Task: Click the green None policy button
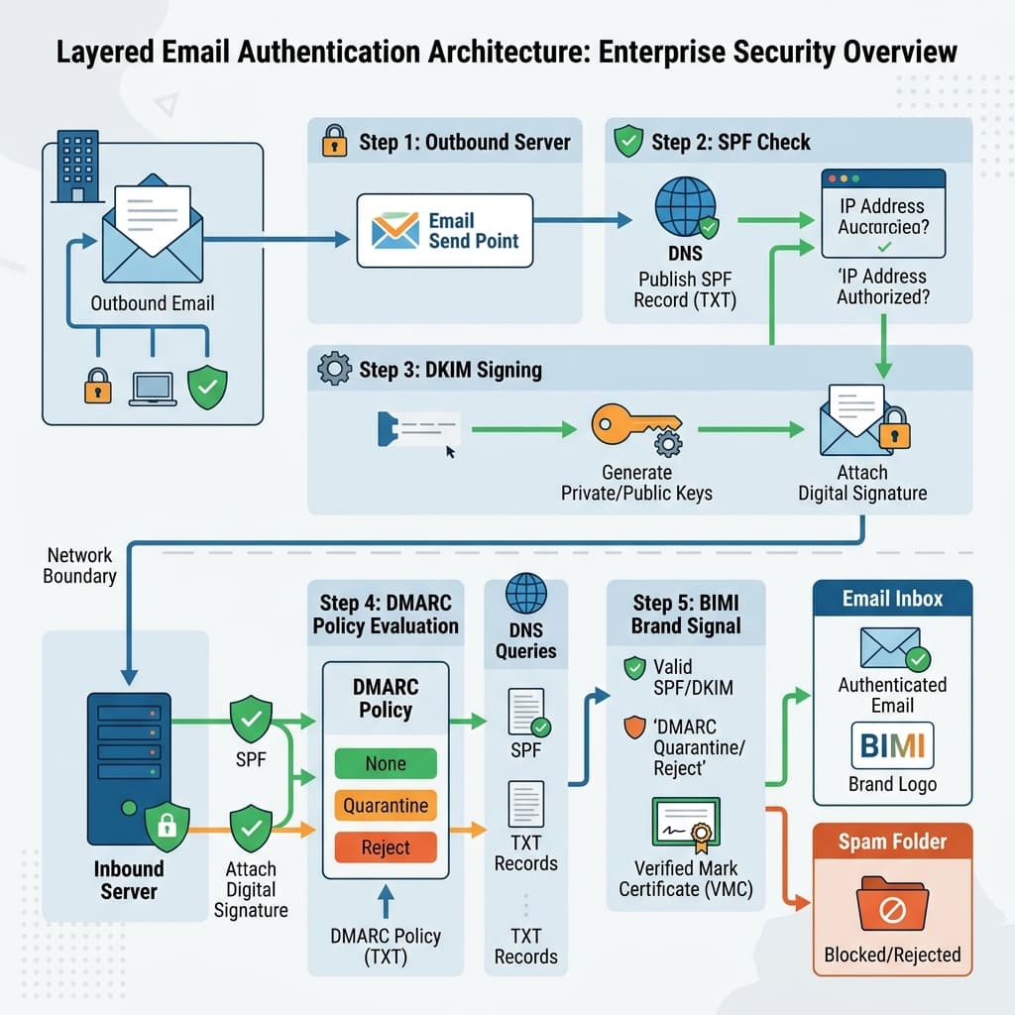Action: click(386, 763)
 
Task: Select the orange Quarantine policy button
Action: click(386, 806)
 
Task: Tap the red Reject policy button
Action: click(386, 847)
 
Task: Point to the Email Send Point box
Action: click(444, 231)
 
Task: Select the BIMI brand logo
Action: click(892, 745)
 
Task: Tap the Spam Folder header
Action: click(892, 843)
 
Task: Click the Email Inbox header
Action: click(892, 599)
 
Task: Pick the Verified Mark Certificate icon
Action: click(686, 824)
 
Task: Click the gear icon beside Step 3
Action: click(333, 371)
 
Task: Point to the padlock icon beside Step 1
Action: click(333, 143)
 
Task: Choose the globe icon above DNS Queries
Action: click(525, 595)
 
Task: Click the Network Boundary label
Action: click(79, 565)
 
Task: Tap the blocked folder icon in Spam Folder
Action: click(892, 902)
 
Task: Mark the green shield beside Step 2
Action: click(627, 142)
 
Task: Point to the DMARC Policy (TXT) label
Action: click(386, 946)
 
